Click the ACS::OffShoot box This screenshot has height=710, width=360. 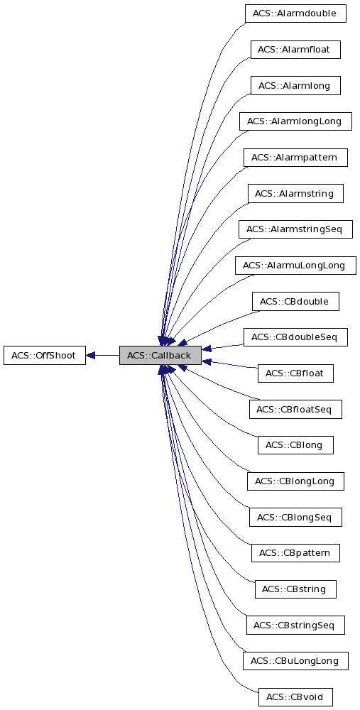[44, 355]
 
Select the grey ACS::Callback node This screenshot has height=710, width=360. [160, 355]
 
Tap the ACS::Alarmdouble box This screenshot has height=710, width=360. [295, 13]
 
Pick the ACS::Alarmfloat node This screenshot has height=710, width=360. [295, 50]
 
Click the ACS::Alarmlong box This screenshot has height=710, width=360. [295, 85]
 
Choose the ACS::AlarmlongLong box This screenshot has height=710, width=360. [295, 121]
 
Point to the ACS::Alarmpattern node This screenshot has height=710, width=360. [295, 158]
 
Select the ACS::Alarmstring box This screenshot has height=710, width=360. [295, 193]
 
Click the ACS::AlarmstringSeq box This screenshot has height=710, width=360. [295, 229]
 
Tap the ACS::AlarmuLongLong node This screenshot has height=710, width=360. [295, 266]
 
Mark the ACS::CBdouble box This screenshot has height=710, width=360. [295, 302]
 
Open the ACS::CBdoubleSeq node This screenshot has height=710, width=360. [295, 337]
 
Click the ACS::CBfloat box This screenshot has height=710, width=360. [295, 373]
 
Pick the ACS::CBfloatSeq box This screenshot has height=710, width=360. [295, 409]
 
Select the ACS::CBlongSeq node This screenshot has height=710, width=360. [295, 517]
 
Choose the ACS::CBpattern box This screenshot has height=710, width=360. [295, 552]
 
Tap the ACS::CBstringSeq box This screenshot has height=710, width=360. [295, 625]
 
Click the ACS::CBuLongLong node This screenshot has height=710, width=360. [295, 661]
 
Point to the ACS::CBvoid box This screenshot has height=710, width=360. [295, 697]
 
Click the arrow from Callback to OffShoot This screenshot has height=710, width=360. [102, 355]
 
